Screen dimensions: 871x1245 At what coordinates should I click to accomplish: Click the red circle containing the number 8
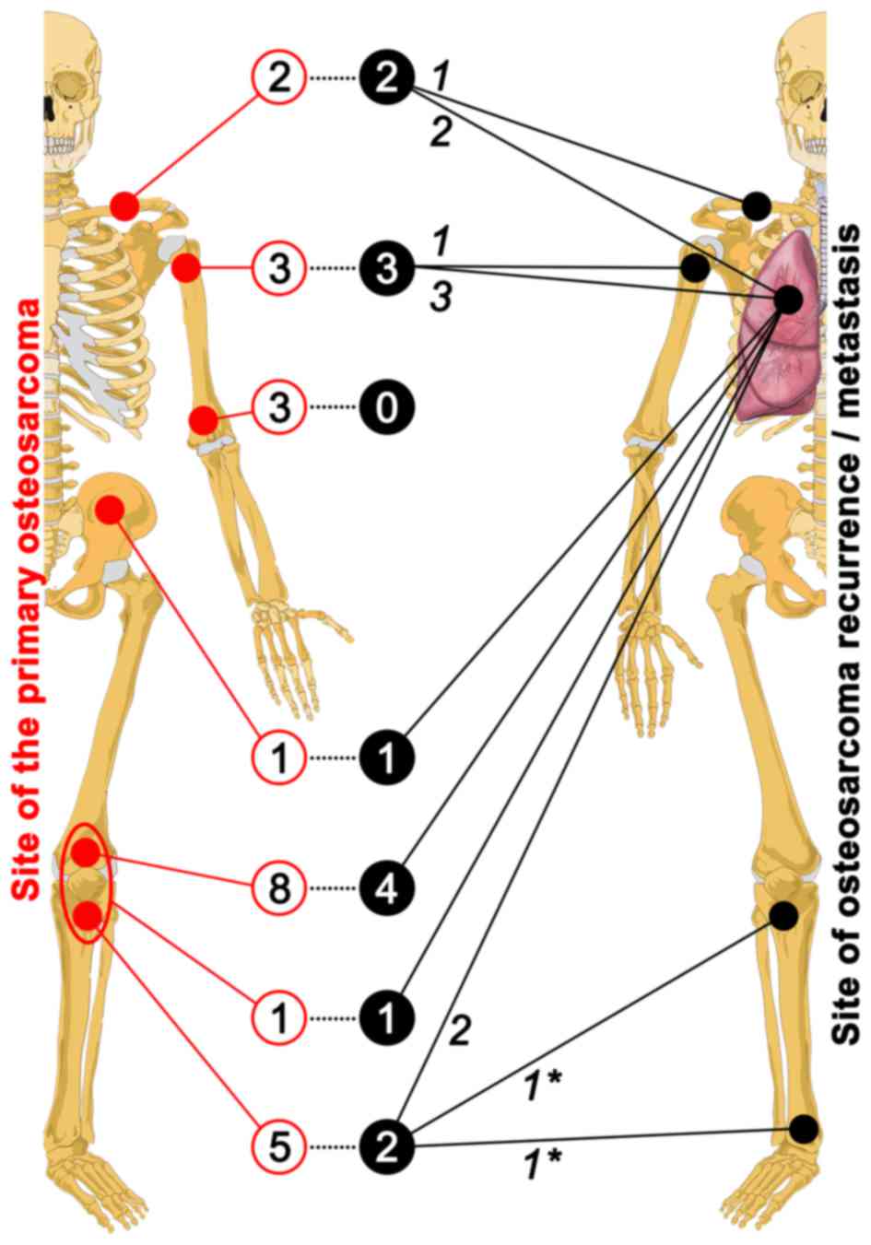(279, 888)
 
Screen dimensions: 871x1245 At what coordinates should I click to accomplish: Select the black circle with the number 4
(387, 888)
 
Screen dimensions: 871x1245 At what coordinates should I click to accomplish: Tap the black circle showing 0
(387, 407)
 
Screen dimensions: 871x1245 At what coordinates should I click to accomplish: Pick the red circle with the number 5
(279, 1146)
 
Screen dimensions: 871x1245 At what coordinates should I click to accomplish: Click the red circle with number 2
(279, 77)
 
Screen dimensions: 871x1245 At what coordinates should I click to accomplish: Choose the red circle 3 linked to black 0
(279, 407)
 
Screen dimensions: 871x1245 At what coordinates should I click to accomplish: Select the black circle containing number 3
(387, 268)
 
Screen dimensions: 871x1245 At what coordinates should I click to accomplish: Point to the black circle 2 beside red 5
(387, 1146)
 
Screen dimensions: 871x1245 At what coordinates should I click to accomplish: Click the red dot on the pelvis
(111, 510)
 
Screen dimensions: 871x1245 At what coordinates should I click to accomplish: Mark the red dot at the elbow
(203, 421)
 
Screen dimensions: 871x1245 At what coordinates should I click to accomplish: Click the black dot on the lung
(788, 299)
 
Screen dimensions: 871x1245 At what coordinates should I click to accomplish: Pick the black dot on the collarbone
(758, 205)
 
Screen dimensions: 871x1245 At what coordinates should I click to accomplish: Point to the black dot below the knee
(783, 915)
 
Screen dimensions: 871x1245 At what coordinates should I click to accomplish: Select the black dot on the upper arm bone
(695, 268)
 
